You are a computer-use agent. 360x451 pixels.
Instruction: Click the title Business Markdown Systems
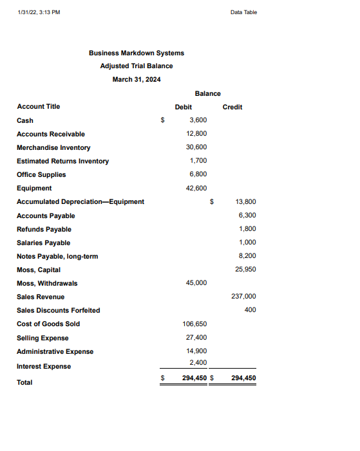(136, 53)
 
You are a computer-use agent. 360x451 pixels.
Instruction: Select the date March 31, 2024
(137, 79)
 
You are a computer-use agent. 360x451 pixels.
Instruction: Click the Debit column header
(184, 107)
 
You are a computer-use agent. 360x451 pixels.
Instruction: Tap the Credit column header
(232, 107)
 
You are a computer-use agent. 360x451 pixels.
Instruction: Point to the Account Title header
(38, 106)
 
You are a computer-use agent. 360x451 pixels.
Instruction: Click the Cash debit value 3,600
(198, 120)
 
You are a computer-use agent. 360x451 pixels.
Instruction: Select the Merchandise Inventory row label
(53, 147)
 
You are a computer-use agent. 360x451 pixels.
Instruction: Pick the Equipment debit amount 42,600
(196, 188)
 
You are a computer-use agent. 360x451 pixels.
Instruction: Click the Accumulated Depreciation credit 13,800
(246, 201)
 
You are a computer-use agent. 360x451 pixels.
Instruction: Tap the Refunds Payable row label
(44, 229)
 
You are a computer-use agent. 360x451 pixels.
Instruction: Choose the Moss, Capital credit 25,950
(246, 270)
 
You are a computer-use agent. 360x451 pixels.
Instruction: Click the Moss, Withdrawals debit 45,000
(196, 283)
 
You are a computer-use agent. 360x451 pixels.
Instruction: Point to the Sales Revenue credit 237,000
(244, 297)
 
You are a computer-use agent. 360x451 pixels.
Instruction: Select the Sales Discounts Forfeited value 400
(251, 310)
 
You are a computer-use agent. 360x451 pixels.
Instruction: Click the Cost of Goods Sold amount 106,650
(194, 324)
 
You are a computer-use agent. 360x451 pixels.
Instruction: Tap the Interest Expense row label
(44, 366)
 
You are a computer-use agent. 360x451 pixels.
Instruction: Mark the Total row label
(24, 382)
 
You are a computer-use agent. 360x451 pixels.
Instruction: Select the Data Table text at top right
(243, 12)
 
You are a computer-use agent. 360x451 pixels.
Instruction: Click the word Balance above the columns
(207, 94)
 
